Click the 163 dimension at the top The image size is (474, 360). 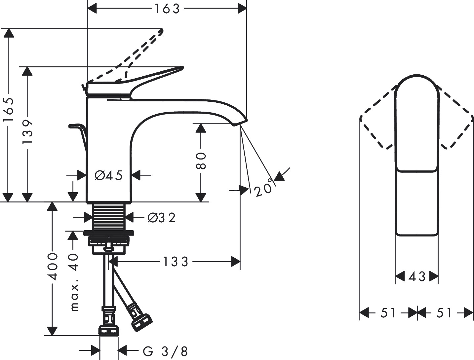click(x=167, y=9)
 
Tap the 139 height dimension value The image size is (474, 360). click(x=27, y=131)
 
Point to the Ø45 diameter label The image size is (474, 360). click(x=109, y=175)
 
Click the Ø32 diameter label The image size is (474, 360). click(x=161, y=218)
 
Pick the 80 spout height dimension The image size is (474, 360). click(x=201, y=161)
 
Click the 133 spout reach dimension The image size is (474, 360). click(x=176, y=262)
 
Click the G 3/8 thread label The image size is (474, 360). click(x=165, y=351)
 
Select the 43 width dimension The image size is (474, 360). click(x=417, y=276)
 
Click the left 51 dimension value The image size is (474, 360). click(x=388, y=313)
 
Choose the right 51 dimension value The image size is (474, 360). click(x=444, y=313)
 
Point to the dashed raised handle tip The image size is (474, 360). click(x=161, y=31)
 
